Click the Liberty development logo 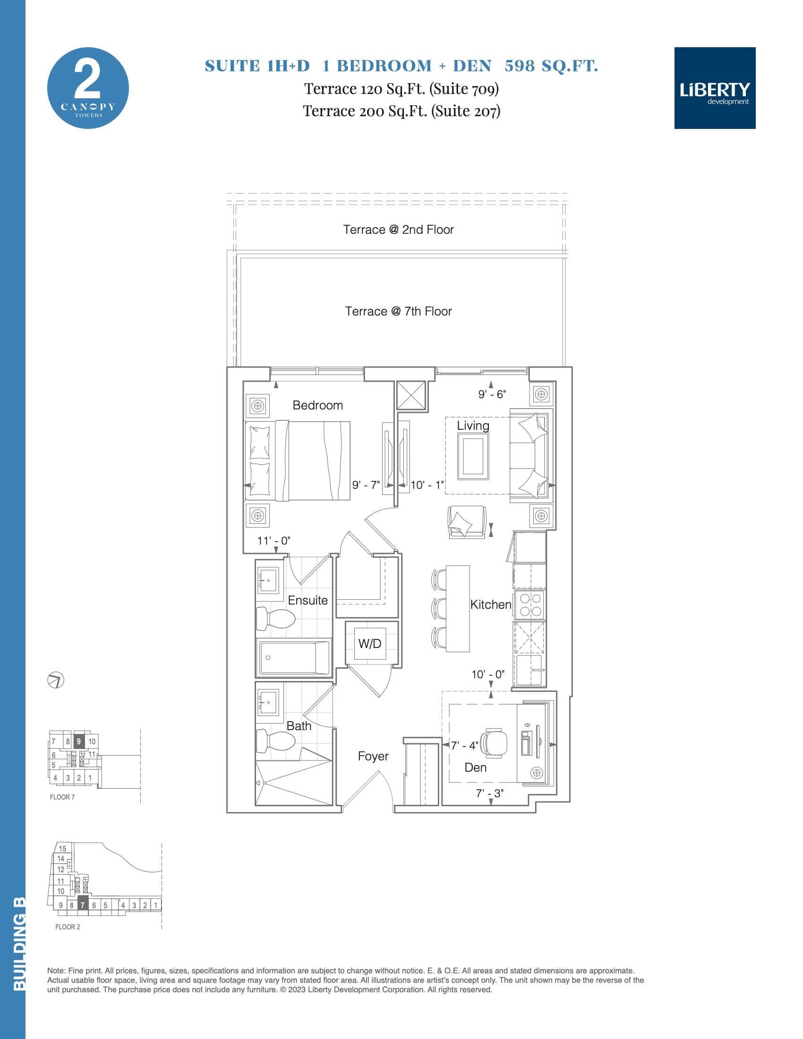(715, 88)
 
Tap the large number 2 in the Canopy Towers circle (87, 80)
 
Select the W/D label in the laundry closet (370, 644)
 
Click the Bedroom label (317, 405)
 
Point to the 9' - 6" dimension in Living (492, 394)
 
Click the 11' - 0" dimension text (273, 541)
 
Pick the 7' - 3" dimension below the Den (490, 793)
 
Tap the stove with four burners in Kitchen (530, 605)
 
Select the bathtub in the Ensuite (293, 657)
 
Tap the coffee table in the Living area (473, 457)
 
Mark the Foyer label (373, 757)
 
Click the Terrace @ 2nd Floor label (398, 230)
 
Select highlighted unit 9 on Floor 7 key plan (79, 741)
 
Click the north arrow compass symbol (56, 680)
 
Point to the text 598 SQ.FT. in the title (551, 66)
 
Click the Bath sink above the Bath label (269, 699)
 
